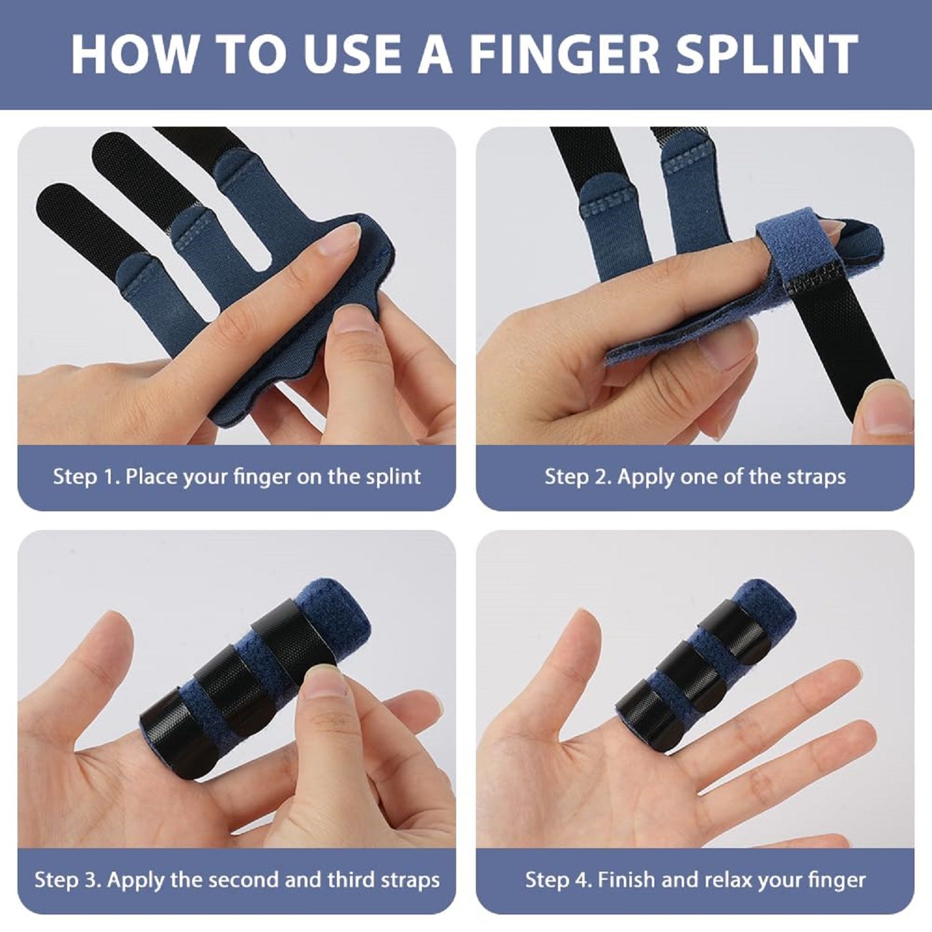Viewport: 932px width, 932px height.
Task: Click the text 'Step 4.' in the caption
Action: tap(559, 880)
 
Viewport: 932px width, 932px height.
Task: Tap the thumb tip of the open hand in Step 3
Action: tap(114, 628)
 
